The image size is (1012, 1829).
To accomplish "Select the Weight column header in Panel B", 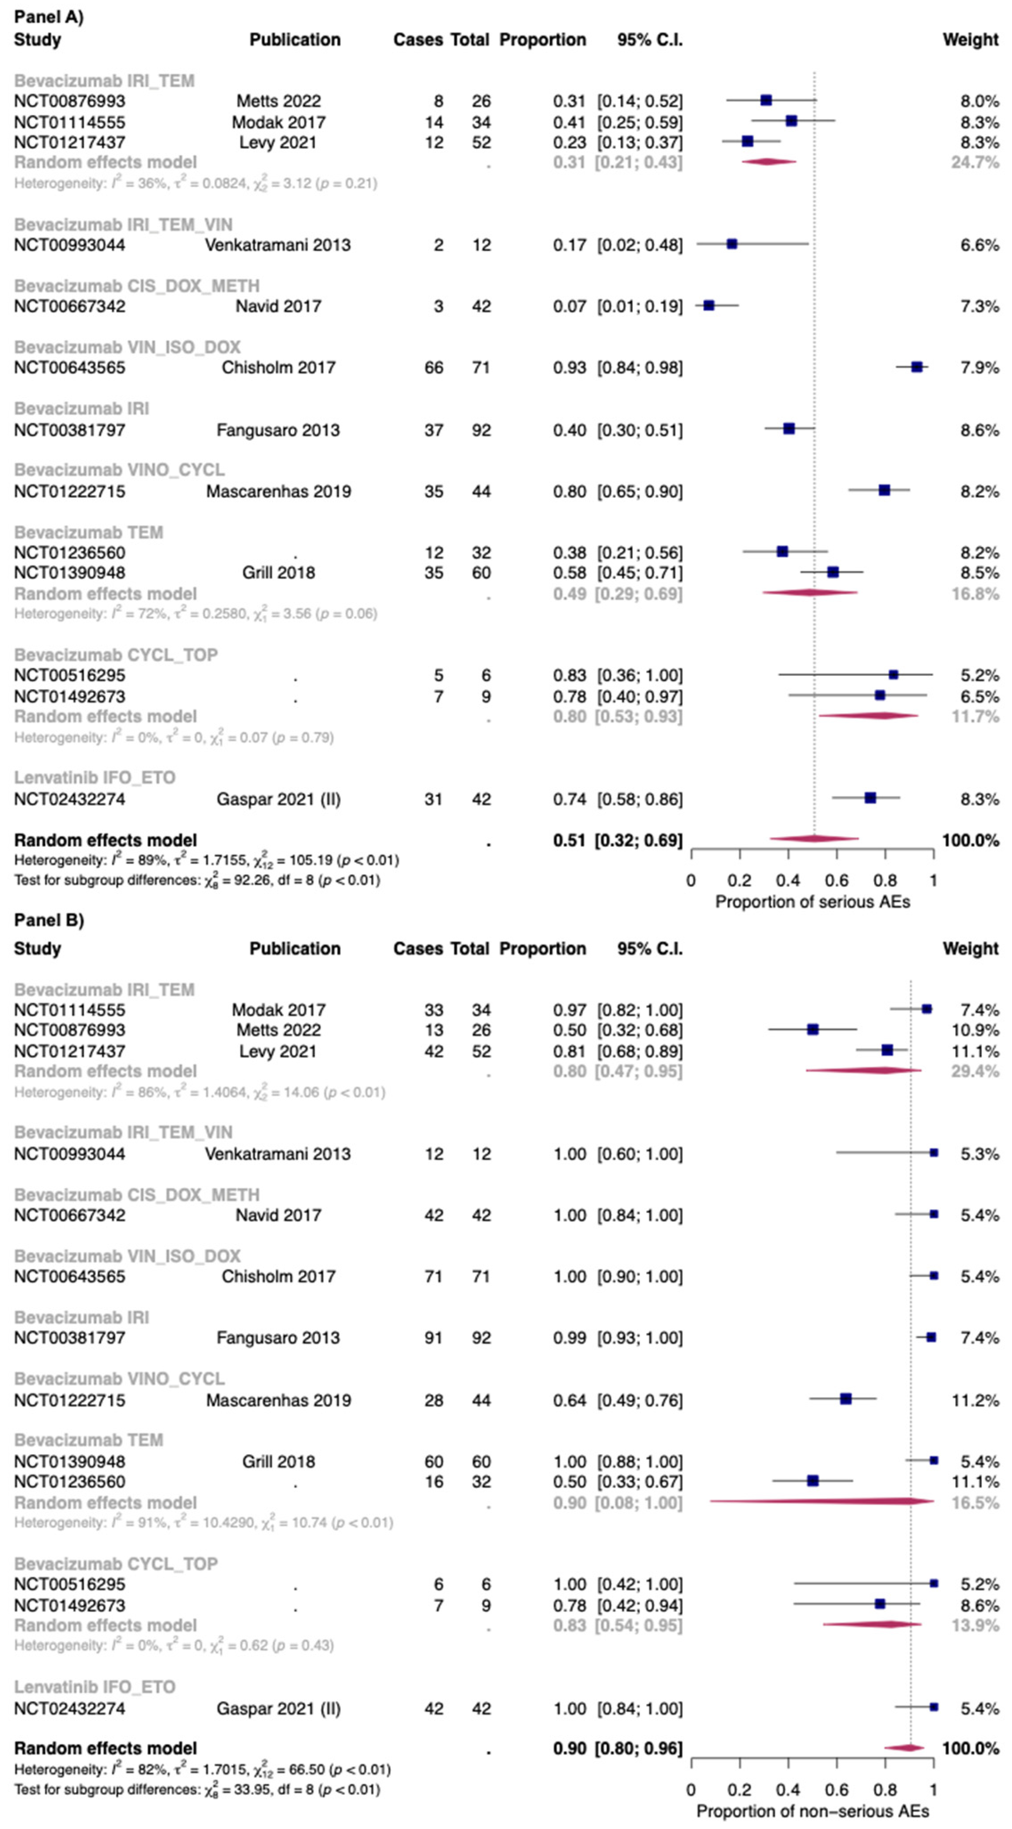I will point(970,949).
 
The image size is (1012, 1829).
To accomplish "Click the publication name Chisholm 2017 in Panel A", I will point(278,368).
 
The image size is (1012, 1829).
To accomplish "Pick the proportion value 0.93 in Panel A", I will point(569,368).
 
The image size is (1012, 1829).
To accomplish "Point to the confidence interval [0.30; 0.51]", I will point(640,430).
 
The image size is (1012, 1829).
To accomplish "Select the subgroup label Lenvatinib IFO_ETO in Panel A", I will point(94,778).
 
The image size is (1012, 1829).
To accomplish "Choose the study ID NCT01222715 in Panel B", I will point(69,1400).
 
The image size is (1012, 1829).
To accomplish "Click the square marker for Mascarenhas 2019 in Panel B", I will point(846,1399).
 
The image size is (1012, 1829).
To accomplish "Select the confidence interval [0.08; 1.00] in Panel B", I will point(640,1503).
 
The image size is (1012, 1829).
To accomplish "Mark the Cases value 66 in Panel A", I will point(434,368).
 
